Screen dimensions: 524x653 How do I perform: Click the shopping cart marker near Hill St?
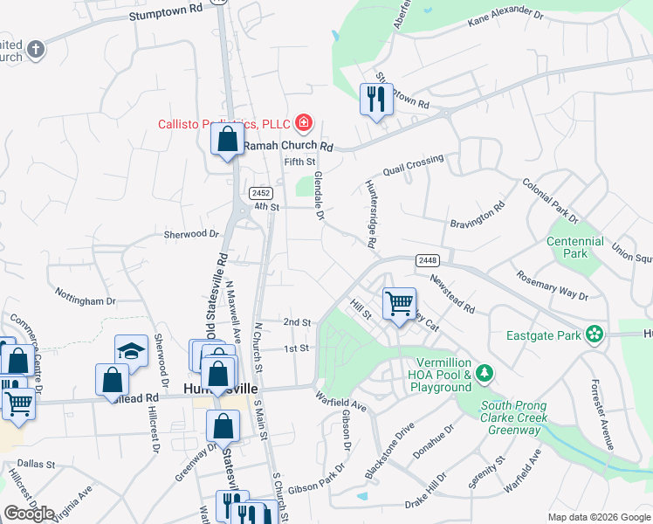[x=399, y=305]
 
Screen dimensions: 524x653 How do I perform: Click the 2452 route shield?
[x=260, y=193]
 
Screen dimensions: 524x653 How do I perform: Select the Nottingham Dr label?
[x=85, y=295]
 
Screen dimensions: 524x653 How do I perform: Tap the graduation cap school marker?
[x=131, y=349]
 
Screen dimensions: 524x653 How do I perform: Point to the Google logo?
[x=29, y=514]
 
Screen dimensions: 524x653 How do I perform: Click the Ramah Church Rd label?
[x=288, y=146]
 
